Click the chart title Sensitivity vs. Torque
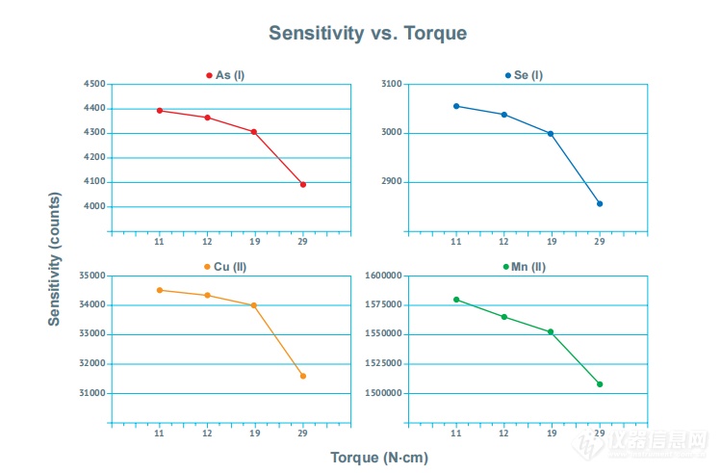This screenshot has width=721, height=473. tap(367, 33)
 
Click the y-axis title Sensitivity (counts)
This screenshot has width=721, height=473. tap(55, 258)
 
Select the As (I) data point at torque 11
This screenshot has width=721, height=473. tap(160, 110)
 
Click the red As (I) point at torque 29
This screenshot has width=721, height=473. tap(302, 184)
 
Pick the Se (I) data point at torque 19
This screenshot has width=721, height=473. tap(551, 134)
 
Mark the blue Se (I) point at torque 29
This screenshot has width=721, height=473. tap(600, 203)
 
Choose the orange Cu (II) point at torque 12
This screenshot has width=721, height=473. tap(207, 295)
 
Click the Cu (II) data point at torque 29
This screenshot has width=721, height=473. tap(302, 376)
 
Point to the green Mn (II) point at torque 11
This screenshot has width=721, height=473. tap(456, 300)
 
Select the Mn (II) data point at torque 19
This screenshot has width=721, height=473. tap(551, 331)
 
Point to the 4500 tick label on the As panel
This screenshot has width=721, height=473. tap(94, 84)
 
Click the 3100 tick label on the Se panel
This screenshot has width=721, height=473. tap(393, 84)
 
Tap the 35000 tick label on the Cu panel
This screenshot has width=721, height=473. tap(91, 276)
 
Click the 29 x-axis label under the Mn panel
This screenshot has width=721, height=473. tap(600, 434)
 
